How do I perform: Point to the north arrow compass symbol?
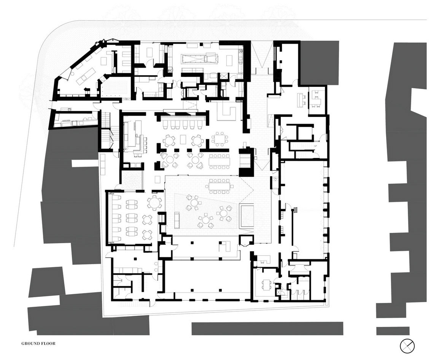point(407,346)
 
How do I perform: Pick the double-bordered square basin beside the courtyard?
point(247,215)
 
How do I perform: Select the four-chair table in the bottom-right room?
point(266,284)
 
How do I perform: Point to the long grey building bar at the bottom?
point(267,328)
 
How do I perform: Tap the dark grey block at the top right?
point(319,63)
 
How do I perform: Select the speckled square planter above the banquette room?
point(132,180)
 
